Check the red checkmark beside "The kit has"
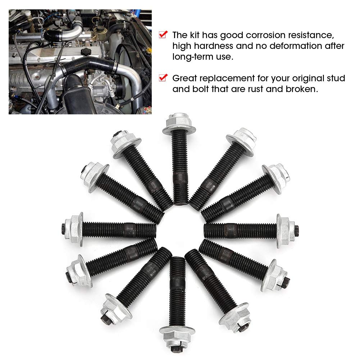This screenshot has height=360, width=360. [x=163, y=35]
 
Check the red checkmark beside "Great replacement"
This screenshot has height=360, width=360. [x=163, y=78]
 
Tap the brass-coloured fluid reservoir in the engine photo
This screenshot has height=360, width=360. [x=99, y=35]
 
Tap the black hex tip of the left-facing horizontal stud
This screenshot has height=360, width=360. [x=65, y=227]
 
